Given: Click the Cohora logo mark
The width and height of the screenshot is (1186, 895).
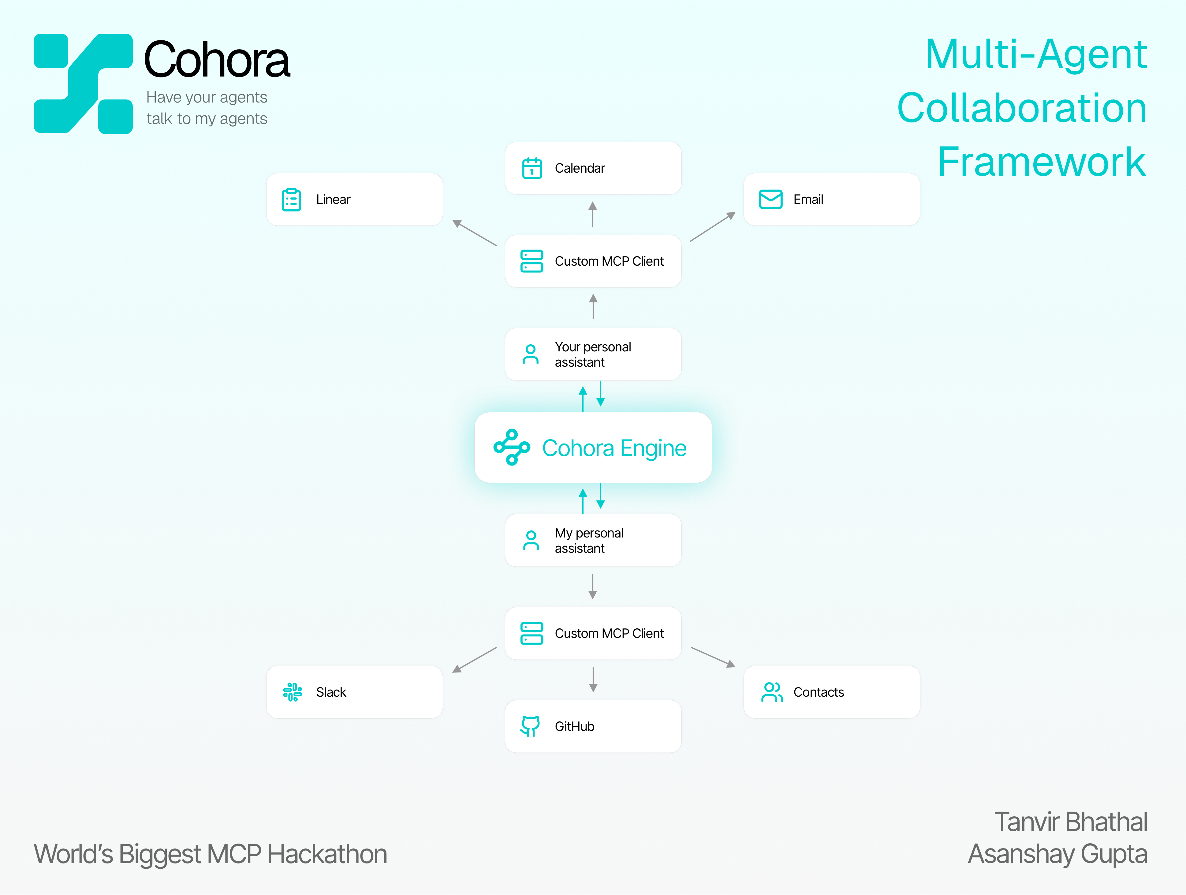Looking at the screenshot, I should [x=83, y=83].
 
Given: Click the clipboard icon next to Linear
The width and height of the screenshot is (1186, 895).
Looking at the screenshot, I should [x=291, y=200].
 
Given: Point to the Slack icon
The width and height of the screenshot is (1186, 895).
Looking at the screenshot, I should [x=292, y=692].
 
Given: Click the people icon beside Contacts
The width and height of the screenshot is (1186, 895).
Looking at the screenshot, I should [x=772, y=692].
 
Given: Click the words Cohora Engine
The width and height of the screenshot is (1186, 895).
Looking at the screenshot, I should [x=614, y=448].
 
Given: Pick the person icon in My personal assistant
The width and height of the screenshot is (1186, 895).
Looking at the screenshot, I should [x=531, y=541].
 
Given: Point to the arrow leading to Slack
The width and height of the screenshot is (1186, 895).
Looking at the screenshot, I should [x=475, y=660].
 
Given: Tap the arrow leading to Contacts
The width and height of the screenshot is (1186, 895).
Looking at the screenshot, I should [x=713, y=657].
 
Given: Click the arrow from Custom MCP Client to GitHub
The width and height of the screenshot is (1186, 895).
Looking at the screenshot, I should [x=593, y=680].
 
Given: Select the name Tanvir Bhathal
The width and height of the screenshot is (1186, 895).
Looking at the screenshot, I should [x=1070, y=822].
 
